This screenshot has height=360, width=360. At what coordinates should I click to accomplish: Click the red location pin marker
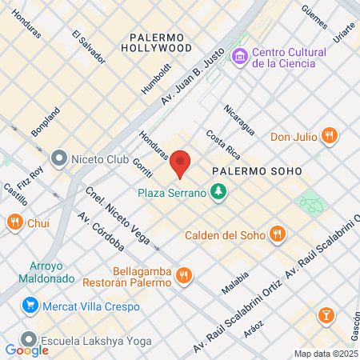(181, 163)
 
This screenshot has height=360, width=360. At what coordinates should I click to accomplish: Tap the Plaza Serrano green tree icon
(217, 193)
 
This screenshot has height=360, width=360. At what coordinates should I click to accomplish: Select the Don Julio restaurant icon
(329, 136)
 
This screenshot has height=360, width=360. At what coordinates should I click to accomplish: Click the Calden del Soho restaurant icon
(277, 234)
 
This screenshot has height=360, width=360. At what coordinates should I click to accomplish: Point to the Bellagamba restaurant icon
(184, 275)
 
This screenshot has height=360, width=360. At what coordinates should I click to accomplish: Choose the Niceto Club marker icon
(58, 158)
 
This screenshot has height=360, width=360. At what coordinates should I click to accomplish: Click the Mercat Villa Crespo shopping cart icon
(30, 304)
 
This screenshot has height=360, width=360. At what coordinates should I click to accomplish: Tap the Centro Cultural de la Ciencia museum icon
(239, 57)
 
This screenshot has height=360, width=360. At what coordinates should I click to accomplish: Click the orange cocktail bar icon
(326, 315)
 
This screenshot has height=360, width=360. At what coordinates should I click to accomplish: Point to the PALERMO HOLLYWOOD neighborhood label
(162, 42)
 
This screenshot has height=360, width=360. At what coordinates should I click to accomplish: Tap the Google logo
(26, 350)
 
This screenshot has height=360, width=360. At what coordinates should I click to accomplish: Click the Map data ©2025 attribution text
(326, 354)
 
